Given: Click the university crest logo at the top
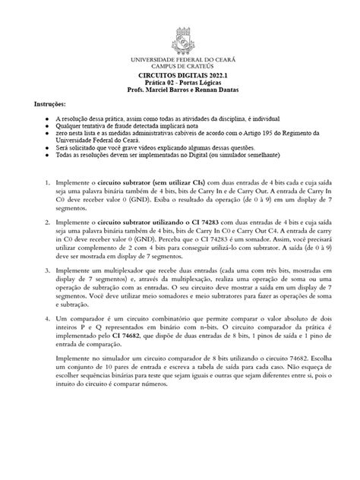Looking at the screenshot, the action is coord(180,41).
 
